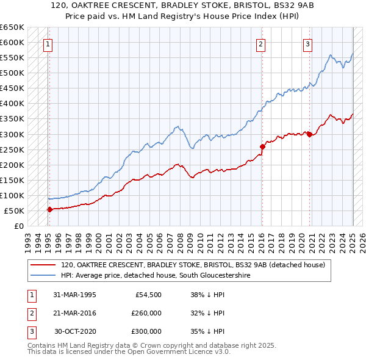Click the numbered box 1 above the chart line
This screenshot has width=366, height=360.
coord(48,43)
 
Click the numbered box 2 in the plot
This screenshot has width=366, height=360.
coord(260,43)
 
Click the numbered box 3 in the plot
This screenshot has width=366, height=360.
coord(307,43)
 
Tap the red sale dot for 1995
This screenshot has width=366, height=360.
coord(49,209)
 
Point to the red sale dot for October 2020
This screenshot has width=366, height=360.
coord(310,134)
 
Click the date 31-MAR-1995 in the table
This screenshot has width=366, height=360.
coord(74,295)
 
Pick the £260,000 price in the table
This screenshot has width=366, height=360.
coord(146,313)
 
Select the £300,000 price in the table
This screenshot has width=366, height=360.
coord(146,331)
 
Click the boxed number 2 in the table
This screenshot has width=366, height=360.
coord(31,313)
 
